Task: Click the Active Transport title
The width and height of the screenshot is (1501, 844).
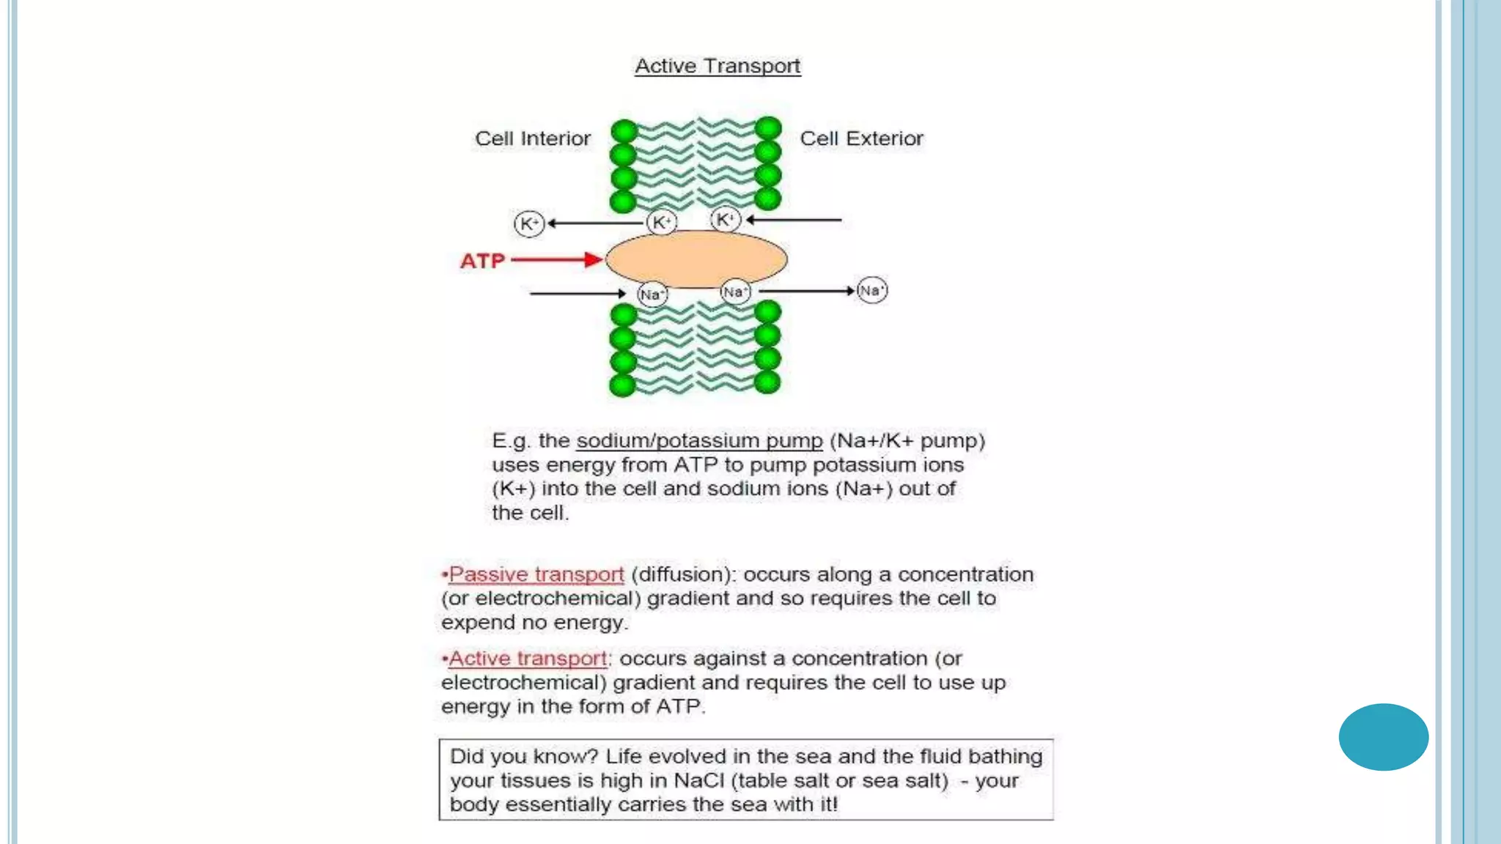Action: (718, 66)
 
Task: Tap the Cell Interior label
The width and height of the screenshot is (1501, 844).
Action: (532, 138)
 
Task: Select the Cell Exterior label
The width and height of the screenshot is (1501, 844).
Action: (861, 138)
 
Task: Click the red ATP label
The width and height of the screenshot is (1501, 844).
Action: (482, 261)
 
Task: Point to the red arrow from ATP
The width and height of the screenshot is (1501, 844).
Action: (557, 259)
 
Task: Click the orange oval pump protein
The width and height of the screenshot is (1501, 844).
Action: (696, 259)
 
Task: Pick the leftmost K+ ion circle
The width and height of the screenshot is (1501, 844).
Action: (529, 223)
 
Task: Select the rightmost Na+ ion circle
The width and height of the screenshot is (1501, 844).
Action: (871, 290)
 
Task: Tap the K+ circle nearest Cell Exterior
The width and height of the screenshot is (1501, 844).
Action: (726, 219)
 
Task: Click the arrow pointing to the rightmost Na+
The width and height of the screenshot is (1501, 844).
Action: (806, 291)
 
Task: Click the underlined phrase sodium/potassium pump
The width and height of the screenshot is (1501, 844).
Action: (699, 440)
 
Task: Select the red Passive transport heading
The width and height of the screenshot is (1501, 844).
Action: (536, 574)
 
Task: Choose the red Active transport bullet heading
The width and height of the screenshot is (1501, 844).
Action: (527, 659)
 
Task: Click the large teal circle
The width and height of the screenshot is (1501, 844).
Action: (1383, 737)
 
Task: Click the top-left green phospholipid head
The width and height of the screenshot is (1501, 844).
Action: (624, 132)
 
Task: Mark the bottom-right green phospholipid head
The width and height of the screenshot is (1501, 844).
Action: (767, 382)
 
